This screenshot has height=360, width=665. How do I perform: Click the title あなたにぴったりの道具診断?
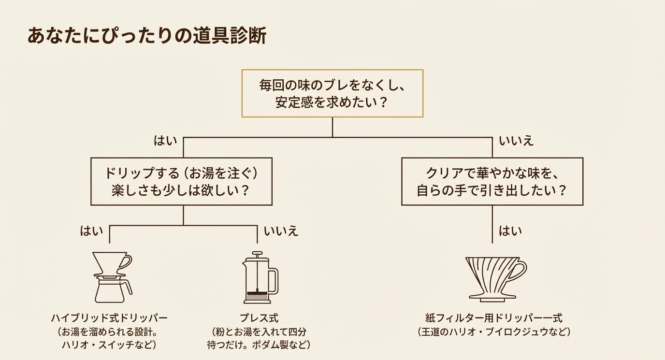[x=147, y=36]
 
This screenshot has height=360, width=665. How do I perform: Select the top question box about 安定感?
[x=332, y=93]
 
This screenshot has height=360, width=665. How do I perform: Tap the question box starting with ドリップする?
[x=182, y=181]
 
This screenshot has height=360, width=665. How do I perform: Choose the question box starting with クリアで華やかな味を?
[x=492, y=181]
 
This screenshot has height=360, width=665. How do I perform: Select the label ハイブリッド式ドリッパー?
[x=109, y=318]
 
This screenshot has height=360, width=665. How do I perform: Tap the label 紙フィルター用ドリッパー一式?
[x=493, y=318]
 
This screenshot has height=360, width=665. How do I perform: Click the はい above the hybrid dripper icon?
[x=91, y=231]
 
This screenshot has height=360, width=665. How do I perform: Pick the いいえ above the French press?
[x=281, y=231]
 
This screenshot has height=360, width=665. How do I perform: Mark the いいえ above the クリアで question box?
[x=516, y=141]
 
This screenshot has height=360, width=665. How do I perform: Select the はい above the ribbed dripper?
[x=510, y=231]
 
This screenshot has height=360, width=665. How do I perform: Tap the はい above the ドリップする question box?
[x=165, y=141]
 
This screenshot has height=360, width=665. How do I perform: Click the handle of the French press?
[x=275, y=280]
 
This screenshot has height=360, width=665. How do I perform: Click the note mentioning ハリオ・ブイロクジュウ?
[x=493, y=332]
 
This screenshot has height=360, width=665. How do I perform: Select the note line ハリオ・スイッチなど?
[x=109, y=345]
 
